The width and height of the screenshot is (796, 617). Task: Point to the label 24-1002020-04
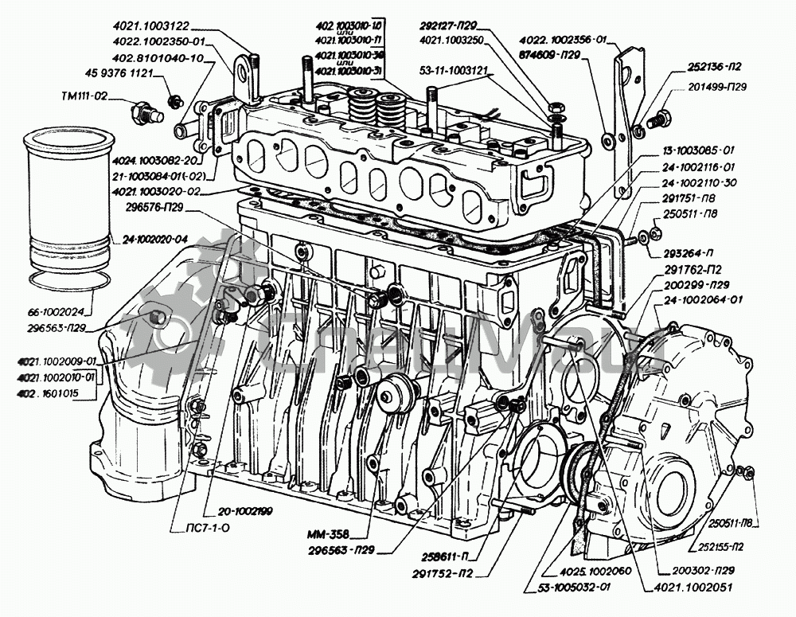tap(155, 239)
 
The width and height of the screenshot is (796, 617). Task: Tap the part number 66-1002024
tap(57, 312)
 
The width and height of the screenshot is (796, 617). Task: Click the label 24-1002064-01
tap(703, 300)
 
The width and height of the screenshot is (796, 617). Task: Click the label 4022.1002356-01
tap(563, 39)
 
